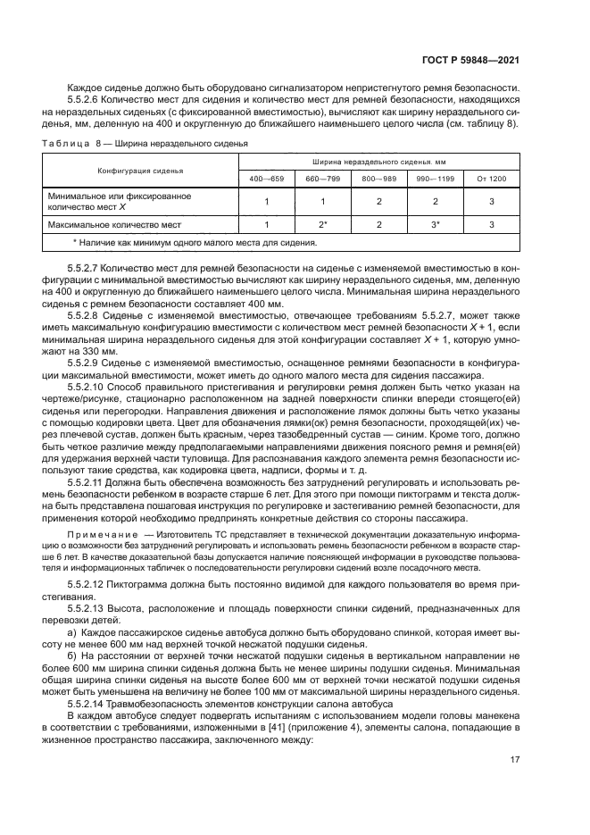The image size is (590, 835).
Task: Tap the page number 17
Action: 515,759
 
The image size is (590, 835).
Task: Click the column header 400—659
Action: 266,179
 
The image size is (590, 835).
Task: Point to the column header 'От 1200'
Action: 491,179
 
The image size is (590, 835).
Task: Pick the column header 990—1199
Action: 435,179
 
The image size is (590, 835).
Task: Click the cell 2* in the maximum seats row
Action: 322,224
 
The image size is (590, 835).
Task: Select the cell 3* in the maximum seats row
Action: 435,224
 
